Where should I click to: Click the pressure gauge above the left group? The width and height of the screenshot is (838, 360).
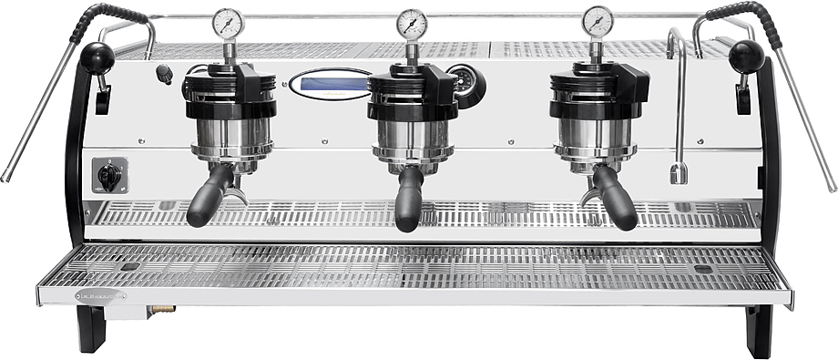(x=228, y=22)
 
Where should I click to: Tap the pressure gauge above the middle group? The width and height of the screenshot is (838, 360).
(x=412, y=22)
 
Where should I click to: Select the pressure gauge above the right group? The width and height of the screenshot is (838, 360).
(x=598, y=21)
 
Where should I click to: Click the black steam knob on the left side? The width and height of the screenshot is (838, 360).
(x=96, y=57)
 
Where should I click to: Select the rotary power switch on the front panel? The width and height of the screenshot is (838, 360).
(x=109, y=175)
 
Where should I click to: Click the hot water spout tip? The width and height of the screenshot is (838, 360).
(x=678, y=173)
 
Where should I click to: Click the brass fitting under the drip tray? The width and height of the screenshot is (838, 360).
(x=163, y=309)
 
